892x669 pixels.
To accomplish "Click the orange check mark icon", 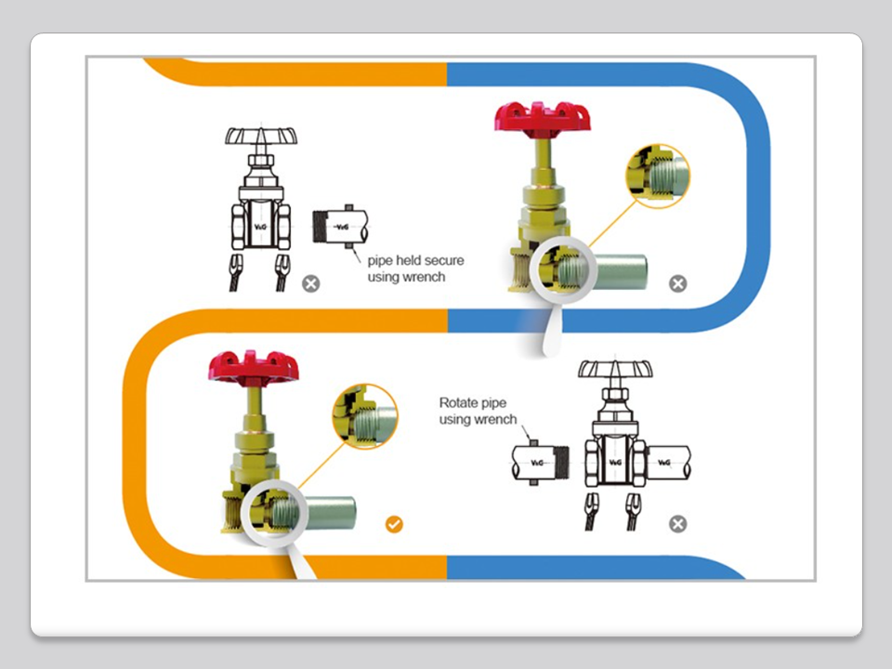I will pos(394,525).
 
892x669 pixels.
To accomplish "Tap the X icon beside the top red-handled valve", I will pos(678,283).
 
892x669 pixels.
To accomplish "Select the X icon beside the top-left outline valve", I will pos(311,283).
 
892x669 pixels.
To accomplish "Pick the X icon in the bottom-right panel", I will pos(678,525).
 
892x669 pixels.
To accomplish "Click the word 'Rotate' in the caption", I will pos(458,403).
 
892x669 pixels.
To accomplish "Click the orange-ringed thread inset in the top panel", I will pos(656,176).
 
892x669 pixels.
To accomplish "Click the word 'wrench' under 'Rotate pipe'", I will pos(497,420).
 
